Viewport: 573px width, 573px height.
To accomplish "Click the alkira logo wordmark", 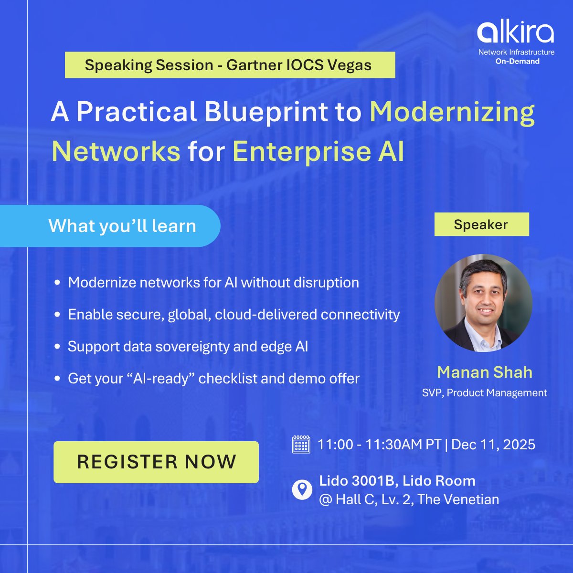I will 516,32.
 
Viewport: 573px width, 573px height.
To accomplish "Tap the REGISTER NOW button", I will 156,462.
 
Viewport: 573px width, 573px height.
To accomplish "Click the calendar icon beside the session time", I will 301,445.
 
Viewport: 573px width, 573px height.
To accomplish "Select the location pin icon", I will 302,490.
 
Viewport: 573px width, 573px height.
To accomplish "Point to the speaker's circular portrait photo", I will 483,303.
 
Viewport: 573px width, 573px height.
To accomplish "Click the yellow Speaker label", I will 481,224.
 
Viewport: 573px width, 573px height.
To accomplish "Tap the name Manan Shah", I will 485,372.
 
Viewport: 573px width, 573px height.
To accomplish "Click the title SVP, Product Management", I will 485,393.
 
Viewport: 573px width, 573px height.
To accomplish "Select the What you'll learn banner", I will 122,226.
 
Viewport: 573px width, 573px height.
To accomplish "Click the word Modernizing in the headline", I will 452,112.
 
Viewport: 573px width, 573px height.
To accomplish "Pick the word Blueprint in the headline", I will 266,112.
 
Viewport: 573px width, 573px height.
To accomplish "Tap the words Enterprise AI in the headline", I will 318,151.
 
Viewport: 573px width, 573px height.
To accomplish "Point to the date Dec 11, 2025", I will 493,445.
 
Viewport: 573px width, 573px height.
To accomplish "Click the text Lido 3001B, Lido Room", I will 397,480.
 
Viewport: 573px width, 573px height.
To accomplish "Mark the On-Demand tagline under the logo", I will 517,61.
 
